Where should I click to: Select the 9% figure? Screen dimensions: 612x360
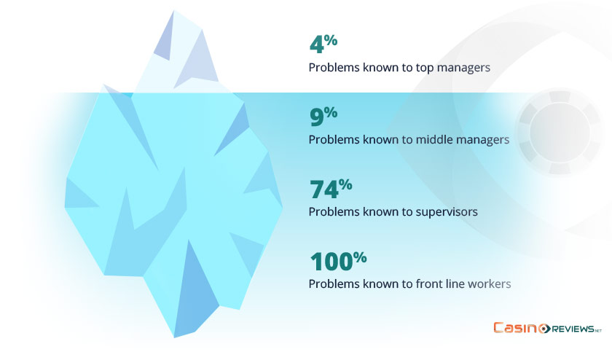tap(323, 116)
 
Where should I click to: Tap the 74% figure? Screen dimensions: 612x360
tap(331, 189)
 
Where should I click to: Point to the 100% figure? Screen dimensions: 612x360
tap(338, 261)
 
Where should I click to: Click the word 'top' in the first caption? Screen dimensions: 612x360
tap(425, 68)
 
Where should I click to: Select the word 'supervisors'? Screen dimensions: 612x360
tap(447, 212)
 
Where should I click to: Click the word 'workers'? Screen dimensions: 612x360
tap(490, 284)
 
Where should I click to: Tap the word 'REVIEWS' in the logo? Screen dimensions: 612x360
tap(573, 329)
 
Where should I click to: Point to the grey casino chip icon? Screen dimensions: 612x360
tap(560, 133)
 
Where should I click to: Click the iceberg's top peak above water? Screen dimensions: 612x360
tap(173, 11)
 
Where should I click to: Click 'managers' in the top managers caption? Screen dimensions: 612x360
tap(463, 68)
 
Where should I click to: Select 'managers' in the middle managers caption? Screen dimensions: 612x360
tap(483, 140)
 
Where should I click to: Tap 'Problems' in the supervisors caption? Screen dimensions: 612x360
tap(334, 212)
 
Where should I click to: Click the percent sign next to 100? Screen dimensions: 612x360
tap(360, 257)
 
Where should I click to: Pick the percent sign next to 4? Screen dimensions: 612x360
tap(331, 40)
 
